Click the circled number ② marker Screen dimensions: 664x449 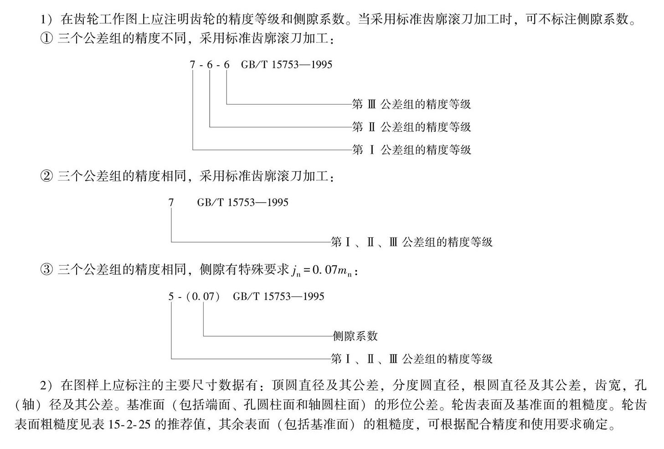(46, 176)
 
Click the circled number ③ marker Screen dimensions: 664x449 (46, 270)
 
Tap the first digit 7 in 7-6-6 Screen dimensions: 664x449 (193, 64)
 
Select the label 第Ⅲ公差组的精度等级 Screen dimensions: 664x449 (412, 104)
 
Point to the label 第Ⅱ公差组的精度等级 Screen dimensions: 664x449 (412, 127)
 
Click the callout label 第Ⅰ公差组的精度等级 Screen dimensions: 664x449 (412, 150)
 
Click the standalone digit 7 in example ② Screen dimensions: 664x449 (171, 203)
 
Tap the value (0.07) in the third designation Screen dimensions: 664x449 (203, 297)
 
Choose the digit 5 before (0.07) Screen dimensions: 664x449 (171, 297)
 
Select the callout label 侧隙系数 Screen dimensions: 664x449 (355, 336)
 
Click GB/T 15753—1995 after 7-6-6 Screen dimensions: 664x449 (287, 64)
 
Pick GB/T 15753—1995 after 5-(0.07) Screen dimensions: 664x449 (278, 297)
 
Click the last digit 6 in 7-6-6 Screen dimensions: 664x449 (227, 64)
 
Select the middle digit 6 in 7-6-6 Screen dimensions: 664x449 (210, 64)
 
